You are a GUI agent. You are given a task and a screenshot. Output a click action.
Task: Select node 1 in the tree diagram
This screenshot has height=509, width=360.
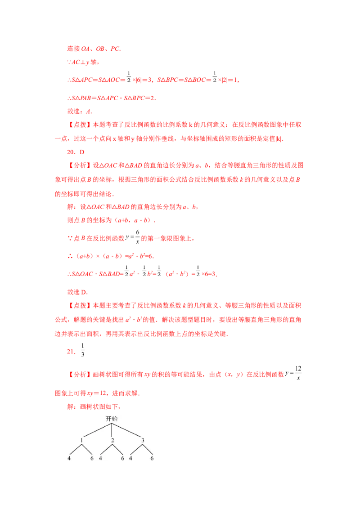click(x=81, y=440)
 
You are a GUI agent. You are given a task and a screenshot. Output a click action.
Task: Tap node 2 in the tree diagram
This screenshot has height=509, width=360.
click(x=112, y=440)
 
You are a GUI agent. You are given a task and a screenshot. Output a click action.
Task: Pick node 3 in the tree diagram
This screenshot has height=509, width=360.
click(x=143, y=440)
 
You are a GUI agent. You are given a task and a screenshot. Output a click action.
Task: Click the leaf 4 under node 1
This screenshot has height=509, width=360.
click(x=69, y=459)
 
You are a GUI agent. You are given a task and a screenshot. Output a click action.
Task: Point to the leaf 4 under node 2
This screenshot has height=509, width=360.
click(x=100, y=459)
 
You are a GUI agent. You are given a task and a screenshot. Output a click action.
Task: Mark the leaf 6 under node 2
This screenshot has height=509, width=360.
click(x=122, y=459)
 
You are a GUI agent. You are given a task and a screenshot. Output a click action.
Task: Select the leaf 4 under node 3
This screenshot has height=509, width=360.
click(x=130, y=459)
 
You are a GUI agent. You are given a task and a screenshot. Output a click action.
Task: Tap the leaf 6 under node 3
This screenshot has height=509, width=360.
click(x=152, y=459)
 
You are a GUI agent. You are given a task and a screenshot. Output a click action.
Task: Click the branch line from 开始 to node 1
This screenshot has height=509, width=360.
click(x=97, y=429)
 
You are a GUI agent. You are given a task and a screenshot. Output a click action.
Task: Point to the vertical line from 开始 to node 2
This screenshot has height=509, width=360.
click(x=111, y=429)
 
